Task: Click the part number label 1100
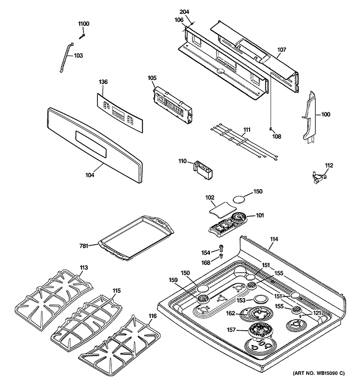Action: click(x=84, y=24)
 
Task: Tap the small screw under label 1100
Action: click(x=82, y=37)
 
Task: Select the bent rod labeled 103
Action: click(x=67, y=57)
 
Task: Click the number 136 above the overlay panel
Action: click(x=103, y=82)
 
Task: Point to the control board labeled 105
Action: click(x=172, y=105)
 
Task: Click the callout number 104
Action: click(x=90, y=175)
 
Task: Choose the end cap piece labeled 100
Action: click(x=309, y=118)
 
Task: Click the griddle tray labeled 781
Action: click(x=136, y=238)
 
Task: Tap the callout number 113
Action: click(x=84, y=267)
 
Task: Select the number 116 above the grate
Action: click(x=152, y=316)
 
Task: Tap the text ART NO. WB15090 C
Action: click(x=319, y=373)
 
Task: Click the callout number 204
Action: click(x=184, y=12)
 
